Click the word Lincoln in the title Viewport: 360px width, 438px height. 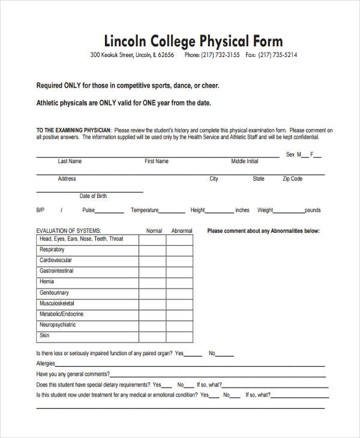point(125,41)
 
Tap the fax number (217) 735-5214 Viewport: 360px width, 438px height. point(277,55)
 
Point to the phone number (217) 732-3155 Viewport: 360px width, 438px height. point(220,55)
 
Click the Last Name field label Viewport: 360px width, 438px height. point(70,161)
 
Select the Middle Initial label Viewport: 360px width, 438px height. point(245,161)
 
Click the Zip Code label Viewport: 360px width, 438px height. point(293,179)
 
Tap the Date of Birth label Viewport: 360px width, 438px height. point(93,196)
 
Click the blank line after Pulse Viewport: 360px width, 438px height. point(110,212)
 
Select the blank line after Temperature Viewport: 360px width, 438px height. point(173,212)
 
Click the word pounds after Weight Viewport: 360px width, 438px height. point(313,211)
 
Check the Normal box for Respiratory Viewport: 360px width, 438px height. point(152,250)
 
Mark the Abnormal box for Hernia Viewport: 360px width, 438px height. point(179,283)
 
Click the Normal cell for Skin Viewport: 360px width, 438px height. point(152,337)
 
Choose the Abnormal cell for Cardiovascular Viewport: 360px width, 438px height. point(179,261)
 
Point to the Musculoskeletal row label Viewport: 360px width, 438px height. point(57,304)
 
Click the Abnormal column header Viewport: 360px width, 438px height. point(182,231)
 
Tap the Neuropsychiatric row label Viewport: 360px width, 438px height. point(58,325)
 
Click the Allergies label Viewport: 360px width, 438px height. point(46,364)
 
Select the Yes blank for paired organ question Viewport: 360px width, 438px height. point(193,355)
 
